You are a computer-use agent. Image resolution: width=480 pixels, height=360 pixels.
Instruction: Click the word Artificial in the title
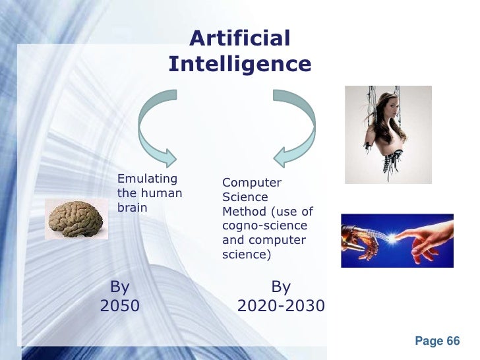(x=239, y=38)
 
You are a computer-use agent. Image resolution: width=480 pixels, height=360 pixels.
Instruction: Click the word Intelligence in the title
(x=239, y=64)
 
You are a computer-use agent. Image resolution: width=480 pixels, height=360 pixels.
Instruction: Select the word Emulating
(x=147, y=178)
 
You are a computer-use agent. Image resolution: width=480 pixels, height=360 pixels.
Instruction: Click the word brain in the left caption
(x=133, y=207)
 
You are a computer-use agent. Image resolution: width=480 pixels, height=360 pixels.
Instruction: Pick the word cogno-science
(x=264, y=225)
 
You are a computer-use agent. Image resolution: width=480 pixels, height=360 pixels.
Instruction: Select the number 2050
(x=119, y=305)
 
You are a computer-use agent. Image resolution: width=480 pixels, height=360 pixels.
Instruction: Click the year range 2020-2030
(x=281, y=305)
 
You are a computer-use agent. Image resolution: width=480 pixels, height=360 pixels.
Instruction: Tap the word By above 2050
(x=119, y=287)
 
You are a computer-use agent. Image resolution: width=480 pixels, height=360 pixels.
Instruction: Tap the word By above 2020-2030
(x=281, y=287)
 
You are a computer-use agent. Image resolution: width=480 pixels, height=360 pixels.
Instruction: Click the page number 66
(x=453, y=341)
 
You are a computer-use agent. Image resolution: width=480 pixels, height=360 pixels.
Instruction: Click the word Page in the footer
(x=429, y=341)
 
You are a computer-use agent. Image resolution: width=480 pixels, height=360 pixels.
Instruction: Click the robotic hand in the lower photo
(x=359, y=241)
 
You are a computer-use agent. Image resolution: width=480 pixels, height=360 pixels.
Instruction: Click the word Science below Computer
(x=245, y=197)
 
